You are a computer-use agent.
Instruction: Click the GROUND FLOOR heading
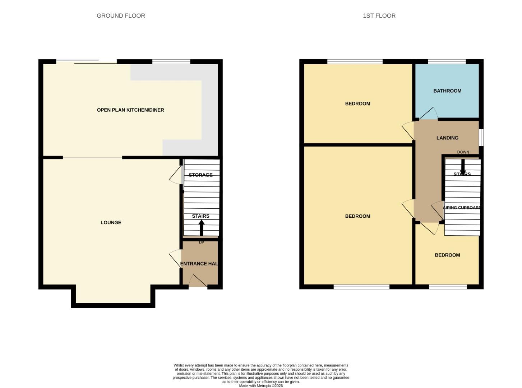click(x=121, y=16)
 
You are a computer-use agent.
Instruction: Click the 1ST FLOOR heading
click(x=379, y=16)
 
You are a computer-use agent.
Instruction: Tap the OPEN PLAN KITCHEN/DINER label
click(x=130, y=110)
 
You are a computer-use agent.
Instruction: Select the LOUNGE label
click(x=111, y=223)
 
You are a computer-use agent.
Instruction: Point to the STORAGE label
click(x=200, y=175)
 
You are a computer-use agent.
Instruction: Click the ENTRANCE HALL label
click(x=199, y=264)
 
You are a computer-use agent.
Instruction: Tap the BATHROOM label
click(x=447, y=91)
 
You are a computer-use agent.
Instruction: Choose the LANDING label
click(x=447, y=138)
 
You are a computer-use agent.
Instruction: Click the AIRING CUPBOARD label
click(x=462, y=208)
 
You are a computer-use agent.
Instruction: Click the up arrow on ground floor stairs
click(x=201, y=227)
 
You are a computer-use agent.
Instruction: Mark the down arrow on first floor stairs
click(x=463, y=166)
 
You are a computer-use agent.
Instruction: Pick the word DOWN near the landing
click(x=463, y=152)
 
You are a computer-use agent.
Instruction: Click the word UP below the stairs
click(x=201, y=243)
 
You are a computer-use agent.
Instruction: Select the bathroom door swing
click(x=427, y=114)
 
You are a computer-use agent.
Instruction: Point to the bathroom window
click(x=447, y=62)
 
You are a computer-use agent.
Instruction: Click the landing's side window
click(x=481, y=138)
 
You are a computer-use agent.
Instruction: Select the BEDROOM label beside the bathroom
click(x=357, y=104)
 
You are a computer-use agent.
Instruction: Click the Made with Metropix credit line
click(x=261, y=386)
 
